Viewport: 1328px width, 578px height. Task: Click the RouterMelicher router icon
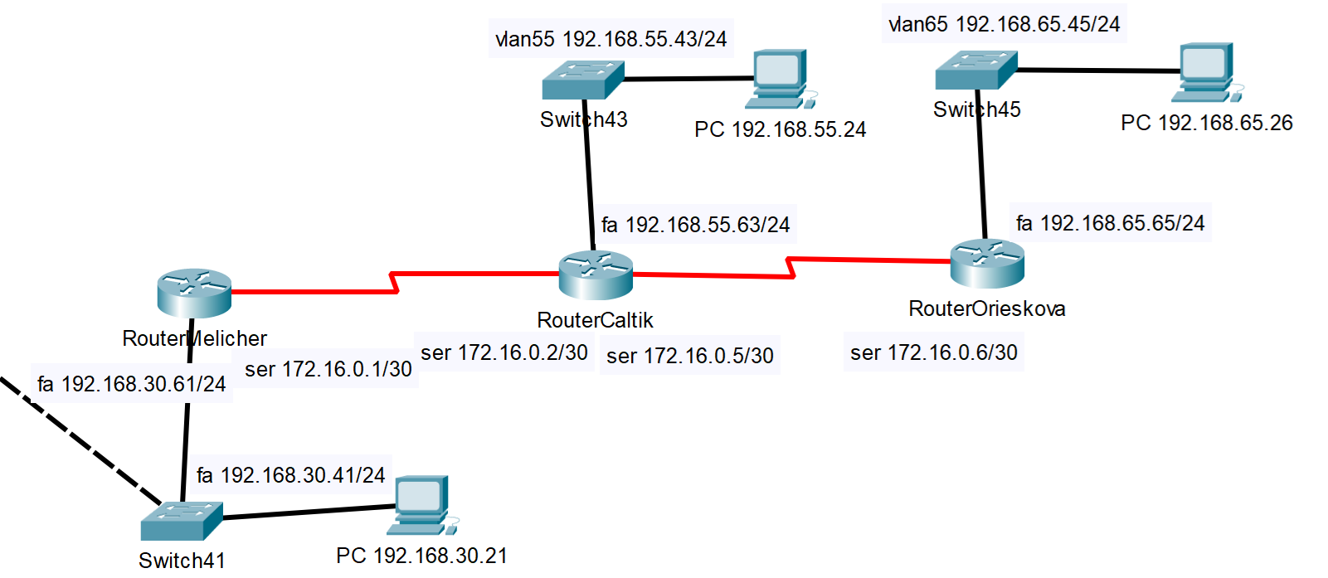[x=194, y=293]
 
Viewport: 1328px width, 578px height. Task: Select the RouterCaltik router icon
[x=596, y=275]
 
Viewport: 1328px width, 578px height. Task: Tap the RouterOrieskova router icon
[x=987, y=263]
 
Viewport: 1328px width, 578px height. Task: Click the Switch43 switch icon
[x=582, y=80]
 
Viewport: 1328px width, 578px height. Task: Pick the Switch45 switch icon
[x=975, y=70]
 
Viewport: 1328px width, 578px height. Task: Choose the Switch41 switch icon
[x=181, y=521]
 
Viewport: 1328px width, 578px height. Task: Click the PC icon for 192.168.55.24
[x=779, y=80]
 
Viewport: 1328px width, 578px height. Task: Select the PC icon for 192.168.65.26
[x=1206, y=72]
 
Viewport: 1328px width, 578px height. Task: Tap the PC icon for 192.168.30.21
[x=423, y=504]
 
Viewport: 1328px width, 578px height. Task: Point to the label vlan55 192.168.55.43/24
[x=611, y=39]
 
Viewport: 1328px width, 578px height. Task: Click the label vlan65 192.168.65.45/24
[x=1004, y=24]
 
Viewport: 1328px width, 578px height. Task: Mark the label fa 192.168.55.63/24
[x=695, y=225]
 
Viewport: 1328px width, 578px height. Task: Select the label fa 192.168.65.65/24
[x=1110, y=223]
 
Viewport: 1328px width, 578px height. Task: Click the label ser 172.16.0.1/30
[x=328, y=369]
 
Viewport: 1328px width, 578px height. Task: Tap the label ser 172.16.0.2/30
[x=504, y=352]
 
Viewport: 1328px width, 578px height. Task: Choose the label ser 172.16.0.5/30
[x=690, y=356]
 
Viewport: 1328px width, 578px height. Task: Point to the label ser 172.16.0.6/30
[x=934, y=352]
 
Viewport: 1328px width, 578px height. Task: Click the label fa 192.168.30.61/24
[x=132, y=384]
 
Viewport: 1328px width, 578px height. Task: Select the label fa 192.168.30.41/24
[x=291, y=475]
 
